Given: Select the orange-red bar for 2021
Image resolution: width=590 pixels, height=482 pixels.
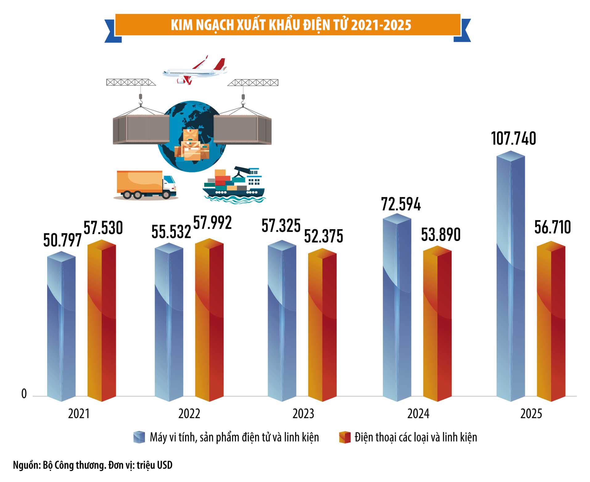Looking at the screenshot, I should point(102,321).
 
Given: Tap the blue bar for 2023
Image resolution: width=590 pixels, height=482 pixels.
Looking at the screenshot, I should point(282,322).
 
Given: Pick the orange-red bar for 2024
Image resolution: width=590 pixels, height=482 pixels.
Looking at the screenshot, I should point(437,324).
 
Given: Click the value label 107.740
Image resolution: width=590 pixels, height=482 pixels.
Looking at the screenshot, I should point(514,139).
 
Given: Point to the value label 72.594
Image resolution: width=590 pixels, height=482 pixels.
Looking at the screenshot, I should point(401,204).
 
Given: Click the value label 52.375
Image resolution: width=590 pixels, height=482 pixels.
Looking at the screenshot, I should point(324,236).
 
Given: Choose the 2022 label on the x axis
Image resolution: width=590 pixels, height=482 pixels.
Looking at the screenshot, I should point(189,414).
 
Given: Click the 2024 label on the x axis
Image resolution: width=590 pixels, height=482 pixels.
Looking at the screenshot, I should point(418,414).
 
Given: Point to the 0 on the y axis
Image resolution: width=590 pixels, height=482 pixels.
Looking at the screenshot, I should point(24,394).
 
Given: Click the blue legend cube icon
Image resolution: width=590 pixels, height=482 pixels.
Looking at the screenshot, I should point(139,437).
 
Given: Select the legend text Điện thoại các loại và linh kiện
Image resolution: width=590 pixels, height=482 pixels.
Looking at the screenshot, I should point(415,437).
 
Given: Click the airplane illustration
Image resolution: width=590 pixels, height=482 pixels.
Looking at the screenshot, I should point(195,71).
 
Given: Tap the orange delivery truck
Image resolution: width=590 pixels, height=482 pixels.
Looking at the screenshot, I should point(146,185).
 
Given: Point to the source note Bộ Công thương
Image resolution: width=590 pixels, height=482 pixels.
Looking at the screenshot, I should point(93,465).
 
